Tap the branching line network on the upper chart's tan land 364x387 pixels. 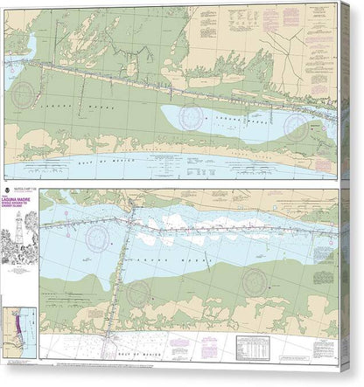point(131,61)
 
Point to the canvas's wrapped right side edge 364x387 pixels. point(346,192)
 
